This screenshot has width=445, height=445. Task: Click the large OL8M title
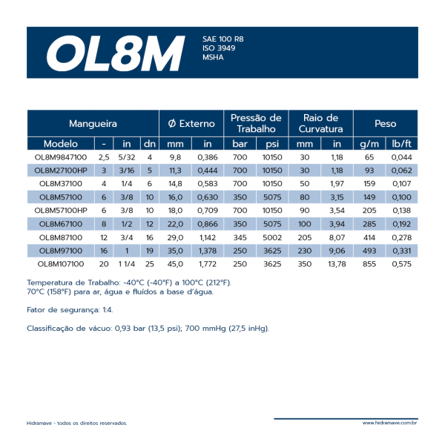115,52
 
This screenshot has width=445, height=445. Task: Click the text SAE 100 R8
222,39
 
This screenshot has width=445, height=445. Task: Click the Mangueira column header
93,124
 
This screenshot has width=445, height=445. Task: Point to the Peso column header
385,124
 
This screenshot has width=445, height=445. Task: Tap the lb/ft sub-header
401,144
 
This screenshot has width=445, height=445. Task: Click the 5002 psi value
272,237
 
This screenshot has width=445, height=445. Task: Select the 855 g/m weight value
369,263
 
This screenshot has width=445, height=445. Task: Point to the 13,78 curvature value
337,263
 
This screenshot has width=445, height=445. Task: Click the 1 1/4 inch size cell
126,263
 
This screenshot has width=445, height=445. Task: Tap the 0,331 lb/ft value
401,250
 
